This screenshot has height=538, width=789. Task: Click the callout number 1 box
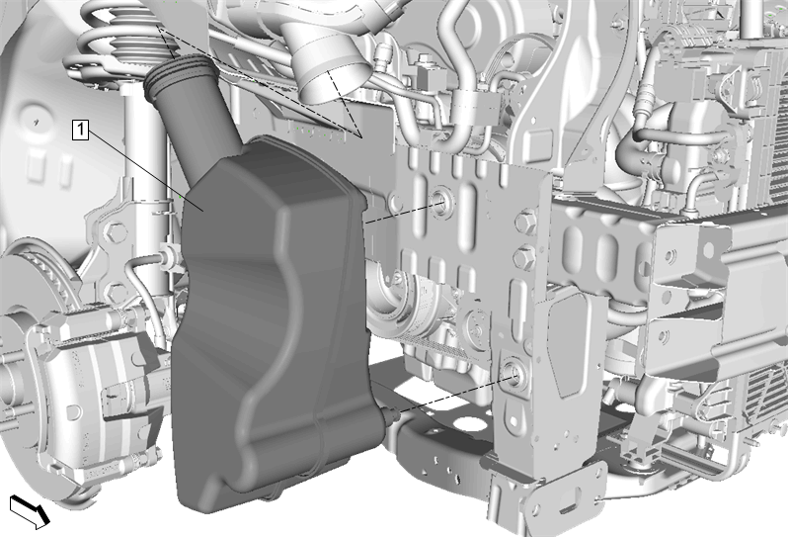[x=81, y=130]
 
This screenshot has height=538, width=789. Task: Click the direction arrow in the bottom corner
[x=30, y=510]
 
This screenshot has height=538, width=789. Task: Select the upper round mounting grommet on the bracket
[x=441, y=202]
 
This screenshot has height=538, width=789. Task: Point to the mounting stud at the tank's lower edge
[x=390, y=414]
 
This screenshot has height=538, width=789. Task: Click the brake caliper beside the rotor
[x=96, y=383]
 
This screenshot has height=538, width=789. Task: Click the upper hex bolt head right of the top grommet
[x=525, y=223]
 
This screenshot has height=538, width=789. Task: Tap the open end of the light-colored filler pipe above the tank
[x=330, y=80]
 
